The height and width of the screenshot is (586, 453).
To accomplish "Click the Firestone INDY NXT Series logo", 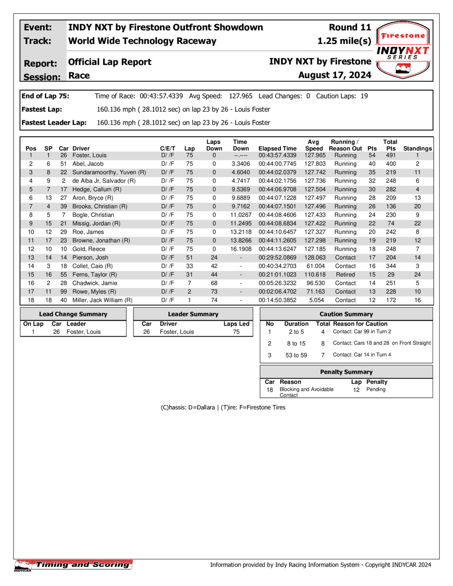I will tap(403, 50).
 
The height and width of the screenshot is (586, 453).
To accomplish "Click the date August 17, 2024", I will tap(334, 75).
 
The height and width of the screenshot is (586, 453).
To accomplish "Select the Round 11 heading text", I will tap(350, 28).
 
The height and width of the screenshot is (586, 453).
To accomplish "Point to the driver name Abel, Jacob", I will tap(88, 164).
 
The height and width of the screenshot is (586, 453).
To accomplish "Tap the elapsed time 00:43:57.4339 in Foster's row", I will tap(277, 155).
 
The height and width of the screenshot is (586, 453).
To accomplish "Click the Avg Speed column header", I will tap(314, 145).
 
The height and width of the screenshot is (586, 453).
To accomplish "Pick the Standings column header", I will tap(417, 148).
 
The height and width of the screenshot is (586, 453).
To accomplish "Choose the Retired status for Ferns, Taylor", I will tap(345, 275).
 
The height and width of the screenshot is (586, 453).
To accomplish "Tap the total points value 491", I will tap(391, 155).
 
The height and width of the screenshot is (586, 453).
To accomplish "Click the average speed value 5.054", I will tap(315, 300).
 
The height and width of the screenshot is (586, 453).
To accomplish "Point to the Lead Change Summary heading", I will tap(73, 314).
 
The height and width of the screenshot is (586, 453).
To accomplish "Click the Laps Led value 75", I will tap(236, 332).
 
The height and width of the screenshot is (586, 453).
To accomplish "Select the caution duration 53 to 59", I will tap(296, 355).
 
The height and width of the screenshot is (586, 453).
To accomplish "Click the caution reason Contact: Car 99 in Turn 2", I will tap(362, 332).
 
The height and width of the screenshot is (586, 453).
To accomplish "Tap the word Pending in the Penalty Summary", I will tap(376, 389).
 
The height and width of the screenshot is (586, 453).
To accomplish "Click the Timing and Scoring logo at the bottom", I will tap(74, 565).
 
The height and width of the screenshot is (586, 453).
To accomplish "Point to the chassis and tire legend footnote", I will tap(223, 407).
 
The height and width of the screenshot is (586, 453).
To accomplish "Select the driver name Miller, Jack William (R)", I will tap(102, 300).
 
